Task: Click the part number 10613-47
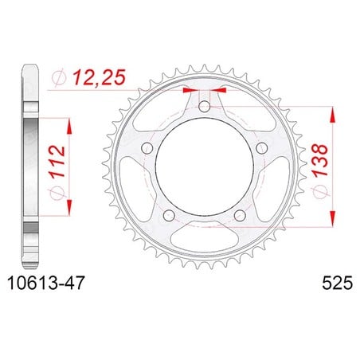click(46, 283)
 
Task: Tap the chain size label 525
click(338, 283)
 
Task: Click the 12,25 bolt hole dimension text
click(99, 77)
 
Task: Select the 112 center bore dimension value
click(57, 161)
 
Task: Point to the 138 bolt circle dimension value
click(320, 160)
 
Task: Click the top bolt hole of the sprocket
click(204, 107)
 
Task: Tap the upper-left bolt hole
click(147, 148)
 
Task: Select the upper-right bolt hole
click(261, 148)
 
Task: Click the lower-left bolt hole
click(169, 215)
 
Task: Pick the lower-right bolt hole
click(240, 215)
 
